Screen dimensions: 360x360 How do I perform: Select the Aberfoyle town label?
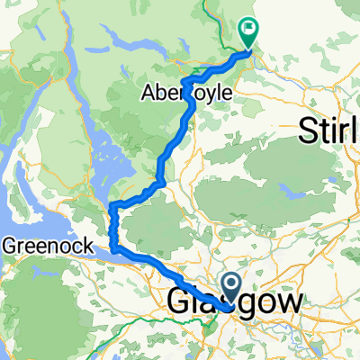pos(187,92)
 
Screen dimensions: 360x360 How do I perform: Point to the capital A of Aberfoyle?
pos(148,92)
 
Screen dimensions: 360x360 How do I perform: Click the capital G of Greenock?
pos(10,243)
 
